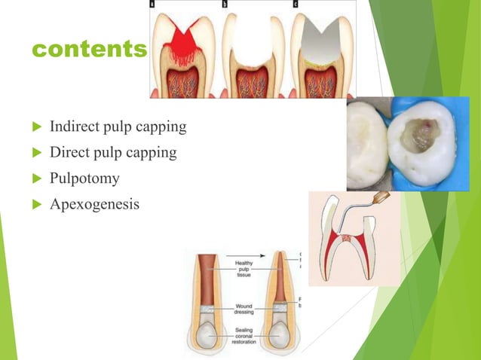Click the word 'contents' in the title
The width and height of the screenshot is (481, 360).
[x=89, y=50]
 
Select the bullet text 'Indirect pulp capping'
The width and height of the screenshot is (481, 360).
[x=118, y=126]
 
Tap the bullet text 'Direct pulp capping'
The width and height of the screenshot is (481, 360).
[x=113, y=153]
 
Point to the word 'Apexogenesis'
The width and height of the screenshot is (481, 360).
[x=94, y=204]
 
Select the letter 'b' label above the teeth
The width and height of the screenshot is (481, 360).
[x=225, y=4]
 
